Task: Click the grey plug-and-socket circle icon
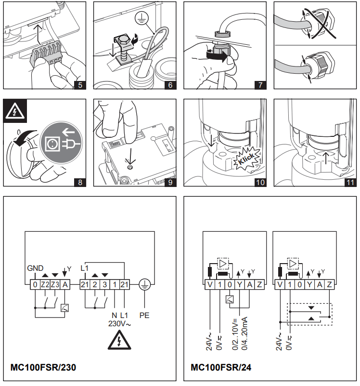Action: coord(61,144)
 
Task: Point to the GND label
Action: coord(35,268)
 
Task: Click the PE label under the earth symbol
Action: coord(144,316)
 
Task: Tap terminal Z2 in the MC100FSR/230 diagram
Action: coord(45,285)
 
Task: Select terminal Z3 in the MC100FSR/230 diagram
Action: coord(55,285)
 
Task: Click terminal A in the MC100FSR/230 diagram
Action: coord(65,285)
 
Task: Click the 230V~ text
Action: coord(119,324)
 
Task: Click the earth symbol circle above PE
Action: coord(144,285)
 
